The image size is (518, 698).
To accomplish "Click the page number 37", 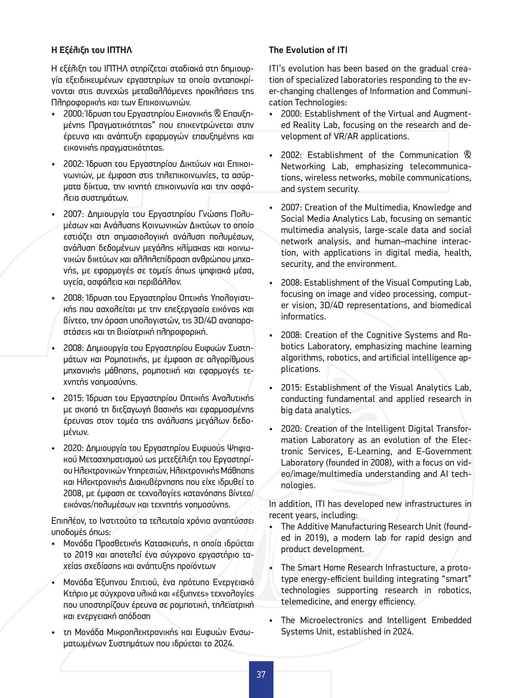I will (x=261, y=674).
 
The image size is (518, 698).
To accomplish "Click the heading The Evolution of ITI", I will (x=308, y=50).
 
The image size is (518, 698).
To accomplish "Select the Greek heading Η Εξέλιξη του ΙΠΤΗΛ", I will (x=92, y=50).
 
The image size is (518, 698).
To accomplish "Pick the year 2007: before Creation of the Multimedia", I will (x=291, y=208).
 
